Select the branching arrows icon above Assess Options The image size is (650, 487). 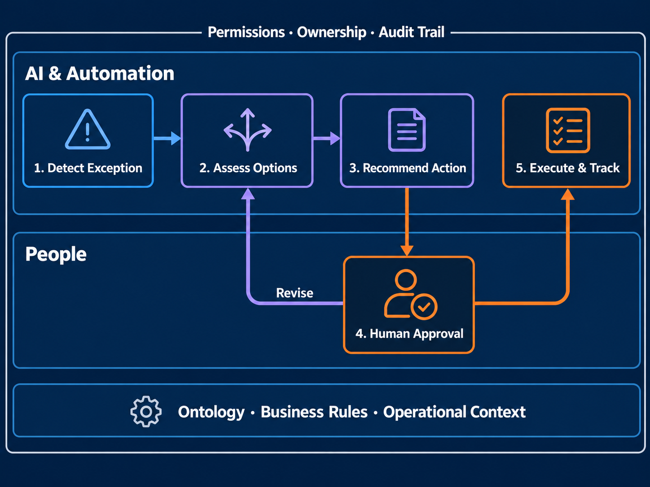pyautogui.click(x=247, y=130)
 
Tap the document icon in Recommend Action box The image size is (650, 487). pyautogui.click(x=407, y=130)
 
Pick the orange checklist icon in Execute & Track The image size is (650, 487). pyautogui.click(x=568, y=130)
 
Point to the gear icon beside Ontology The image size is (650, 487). pyautogui.click(x=146, y=411)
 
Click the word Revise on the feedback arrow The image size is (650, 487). pyautogui.click(x=294, y=293)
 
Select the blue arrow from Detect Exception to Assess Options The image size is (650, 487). pyautogui.click(x=167, y=139)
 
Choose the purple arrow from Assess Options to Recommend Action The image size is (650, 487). pyautogui.click(x=327, y=139)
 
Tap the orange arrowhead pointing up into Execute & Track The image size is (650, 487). pyautogui.click(x=568, y=195)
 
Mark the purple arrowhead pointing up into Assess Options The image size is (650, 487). pyautogui.click(x=248, y=194)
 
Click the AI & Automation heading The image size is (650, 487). pyautogui.click(x=100, y=74)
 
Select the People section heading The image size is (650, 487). pyautogui.click(x=56, y=254)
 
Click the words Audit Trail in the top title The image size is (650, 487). pyautogui.click(x=411, y=32)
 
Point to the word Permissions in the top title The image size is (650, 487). pyautogui.click(x=246, y=32)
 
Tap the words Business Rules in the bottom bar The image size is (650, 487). pyautogui.click(x=314, y=412)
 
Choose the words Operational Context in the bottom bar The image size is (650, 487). pyautogui.click(x=454, y=412)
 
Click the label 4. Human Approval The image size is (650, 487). pyautogui.click(x=409, y=334)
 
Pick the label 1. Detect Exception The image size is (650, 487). pyautogui.click(x=88, y=168)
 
